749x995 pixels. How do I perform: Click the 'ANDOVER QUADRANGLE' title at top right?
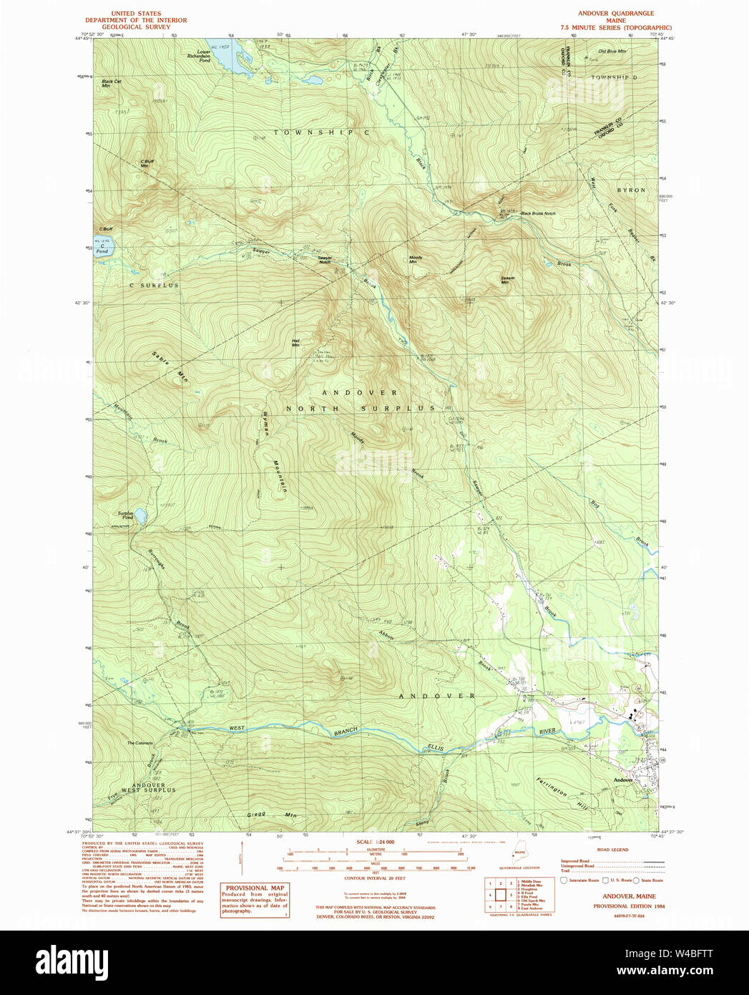[x=616, y=14]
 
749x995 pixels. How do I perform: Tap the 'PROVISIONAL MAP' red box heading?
[x=255, y=888]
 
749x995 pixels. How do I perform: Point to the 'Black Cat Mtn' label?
[x=111, y=83]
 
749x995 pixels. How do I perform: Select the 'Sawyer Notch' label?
[x=325, y=259]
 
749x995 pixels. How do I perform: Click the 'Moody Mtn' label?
[x=416, y=259]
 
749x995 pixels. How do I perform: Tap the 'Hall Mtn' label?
[x=295, y=342]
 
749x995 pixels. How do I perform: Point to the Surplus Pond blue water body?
[x=141, y=516]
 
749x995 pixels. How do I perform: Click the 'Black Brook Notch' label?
[x=538, y=213]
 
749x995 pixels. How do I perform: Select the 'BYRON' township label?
[x=631, y=190]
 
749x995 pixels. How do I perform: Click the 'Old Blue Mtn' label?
[x=612, y=52]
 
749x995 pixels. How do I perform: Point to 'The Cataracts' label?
[x=140, y=743]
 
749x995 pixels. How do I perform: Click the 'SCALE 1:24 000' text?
[x=375, y=842]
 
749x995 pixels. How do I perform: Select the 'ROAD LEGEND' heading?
[x=612, y=850]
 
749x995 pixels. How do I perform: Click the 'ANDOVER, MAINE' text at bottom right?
[x=629, y=896]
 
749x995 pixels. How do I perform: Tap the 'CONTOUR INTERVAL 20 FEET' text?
[x=374, y=878]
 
